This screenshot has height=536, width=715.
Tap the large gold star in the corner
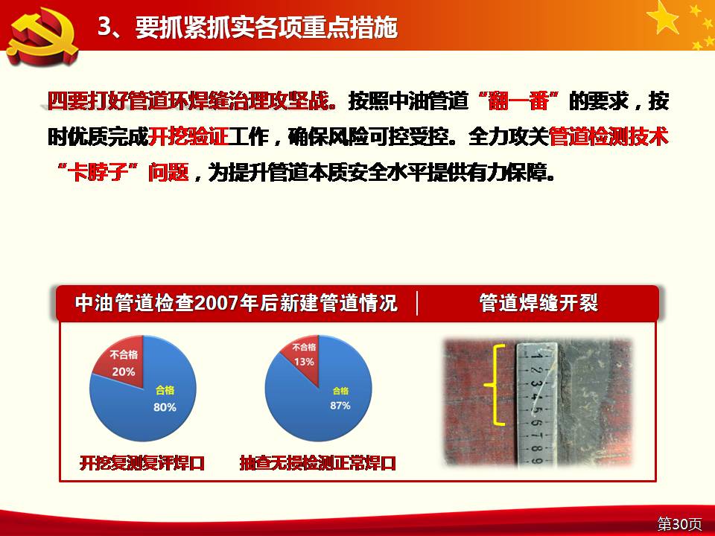pyautogui.click(x=663, y=17)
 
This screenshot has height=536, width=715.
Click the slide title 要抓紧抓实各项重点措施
pyautogui.click(x=267, y=28)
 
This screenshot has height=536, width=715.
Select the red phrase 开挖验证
pyautogui.click(x=188, y=136)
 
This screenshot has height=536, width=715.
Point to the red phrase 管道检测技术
pyautogui.click(x=608, y=136)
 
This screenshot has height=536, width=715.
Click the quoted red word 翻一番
pyautogui.click(x=518, y=100)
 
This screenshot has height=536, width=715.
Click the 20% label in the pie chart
pyautogui.click(x=124, y=372)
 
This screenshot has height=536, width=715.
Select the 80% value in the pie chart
pyautogui.click(x=165, y=406)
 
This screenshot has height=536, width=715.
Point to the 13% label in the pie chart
pyautogui.click(x=304, y=362)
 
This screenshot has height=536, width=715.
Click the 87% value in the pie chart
pyautogui.click(x=340, y=405)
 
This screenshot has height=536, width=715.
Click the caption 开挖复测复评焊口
pyautogui.click(x=142, y=463)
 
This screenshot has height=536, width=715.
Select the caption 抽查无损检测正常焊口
pyautogui.click(x=318, y=463)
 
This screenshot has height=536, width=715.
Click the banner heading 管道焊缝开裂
pyautogui.click(x=538, y=303)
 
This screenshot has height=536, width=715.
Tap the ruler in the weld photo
pyautogui.click(x=536, y=405)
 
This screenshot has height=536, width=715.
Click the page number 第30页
pyautogui.click(x=679, y=523)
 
